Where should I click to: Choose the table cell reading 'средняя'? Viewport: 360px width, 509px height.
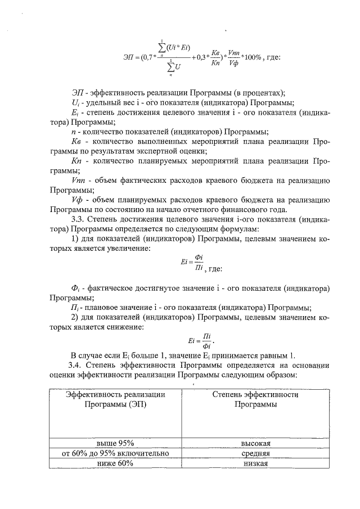click(x=255, y=453)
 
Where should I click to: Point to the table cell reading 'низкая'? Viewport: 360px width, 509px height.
click(x=255, y=463)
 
